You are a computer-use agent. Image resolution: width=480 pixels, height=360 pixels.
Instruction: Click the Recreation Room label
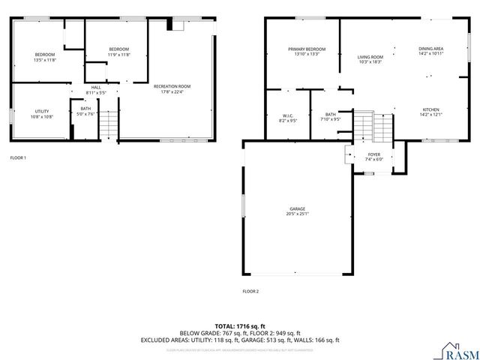click(172, 86)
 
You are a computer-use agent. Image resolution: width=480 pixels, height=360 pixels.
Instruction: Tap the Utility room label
click(41, 111)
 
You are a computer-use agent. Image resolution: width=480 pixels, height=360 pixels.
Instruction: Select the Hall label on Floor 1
click(96, 87)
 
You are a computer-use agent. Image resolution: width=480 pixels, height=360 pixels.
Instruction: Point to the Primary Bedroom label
click(307, 49)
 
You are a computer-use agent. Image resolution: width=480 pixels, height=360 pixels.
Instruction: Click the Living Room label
click(370, 57)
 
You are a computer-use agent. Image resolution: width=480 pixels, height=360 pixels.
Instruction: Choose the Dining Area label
click(430, 49)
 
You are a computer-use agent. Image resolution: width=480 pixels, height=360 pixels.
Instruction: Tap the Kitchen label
click(430, 109)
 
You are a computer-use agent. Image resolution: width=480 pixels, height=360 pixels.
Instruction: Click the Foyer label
click(373, 154)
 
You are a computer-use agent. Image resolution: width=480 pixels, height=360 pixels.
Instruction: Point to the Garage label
click(298, 208)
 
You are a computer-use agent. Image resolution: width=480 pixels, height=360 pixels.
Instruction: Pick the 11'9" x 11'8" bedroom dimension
click(118, 55)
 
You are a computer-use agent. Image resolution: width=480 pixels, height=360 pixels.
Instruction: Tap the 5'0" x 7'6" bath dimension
click(86, 114)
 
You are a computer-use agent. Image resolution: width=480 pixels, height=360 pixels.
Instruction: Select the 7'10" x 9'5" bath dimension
click(331, 119)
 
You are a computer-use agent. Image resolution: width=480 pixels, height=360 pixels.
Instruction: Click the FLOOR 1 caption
click(18, 158)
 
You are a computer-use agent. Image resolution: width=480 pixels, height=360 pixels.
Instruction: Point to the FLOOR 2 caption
click(250, 291)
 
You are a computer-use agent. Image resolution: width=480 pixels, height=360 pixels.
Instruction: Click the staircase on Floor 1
click(109, 124)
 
